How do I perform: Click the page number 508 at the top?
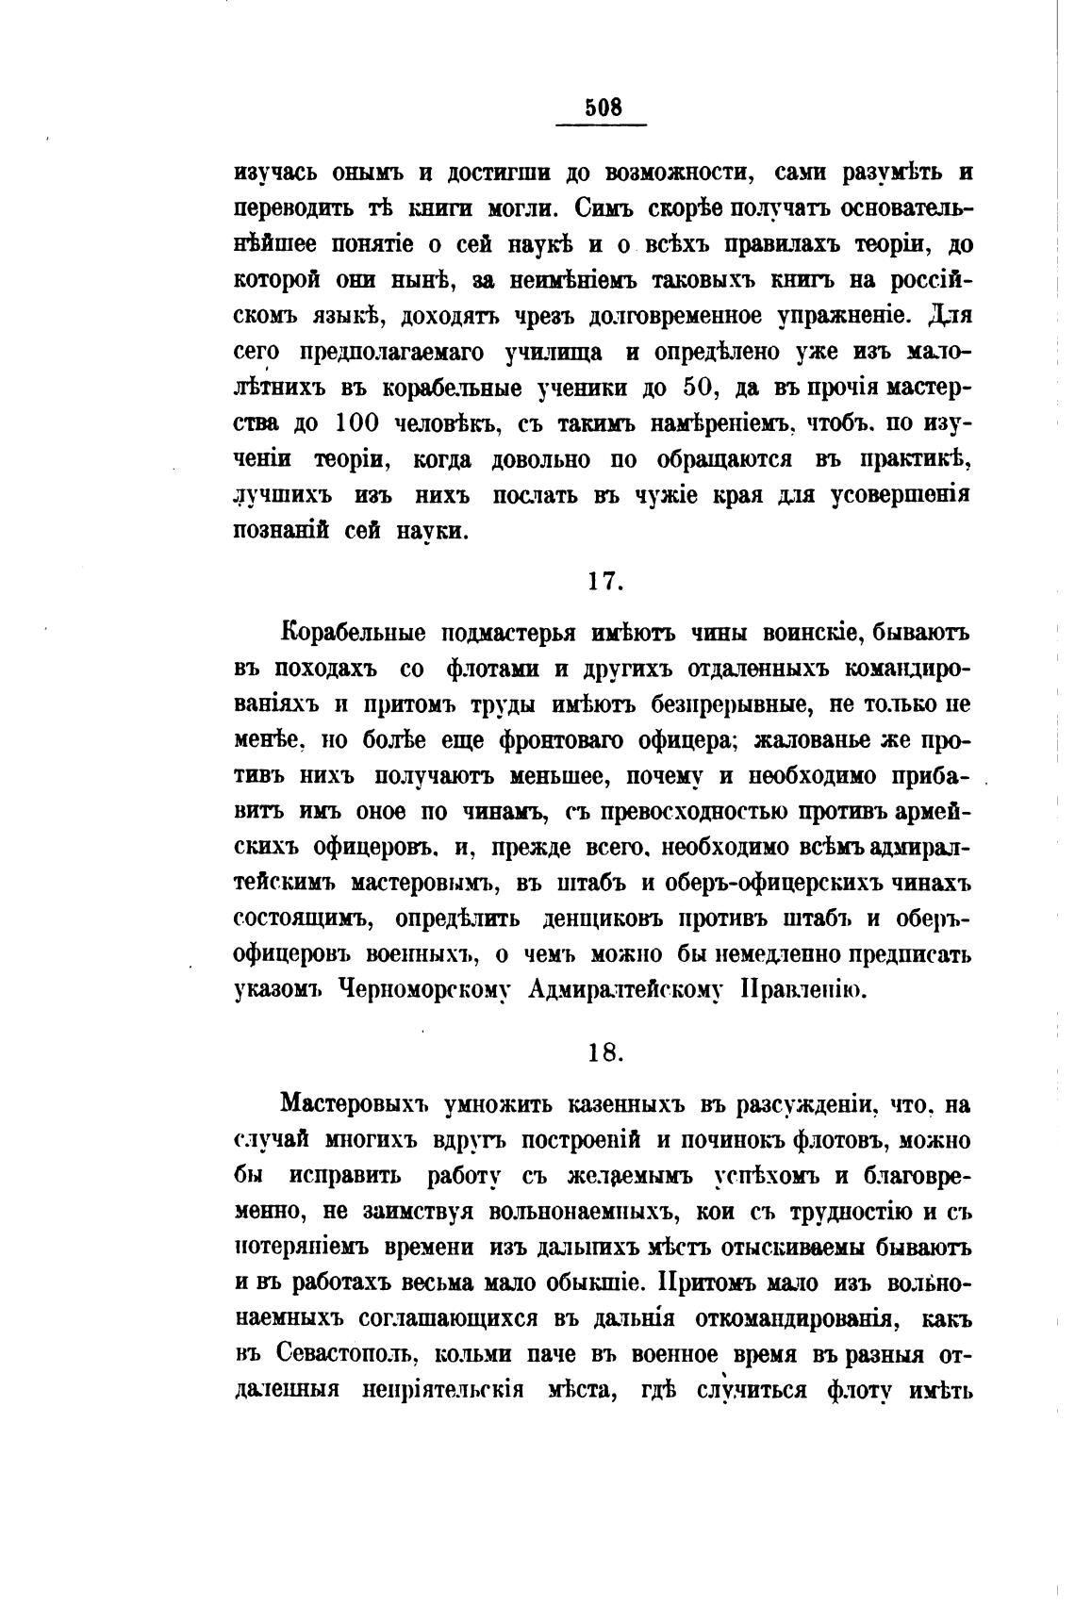click(x=604, y=108)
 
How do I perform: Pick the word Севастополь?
click(x=347, y=1355)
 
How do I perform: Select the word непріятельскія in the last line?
click(x=443, y=1391)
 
